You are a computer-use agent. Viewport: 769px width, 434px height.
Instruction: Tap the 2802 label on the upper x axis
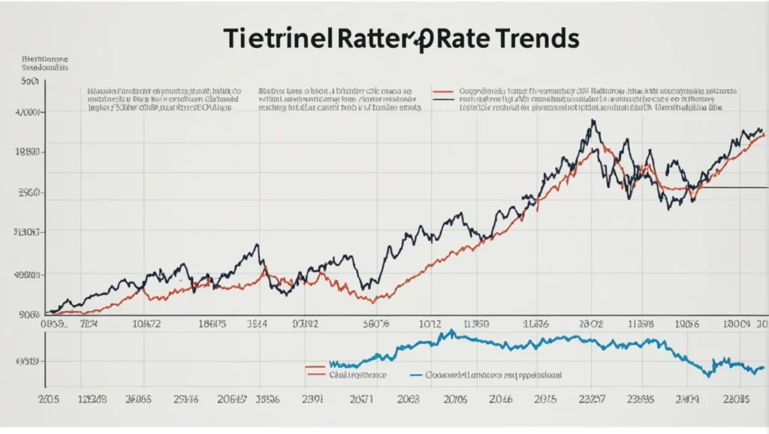pyautogui.click(x=591, y=324)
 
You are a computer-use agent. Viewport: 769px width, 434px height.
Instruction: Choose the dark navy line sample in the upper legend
pyautogui.click(x=445, y=99)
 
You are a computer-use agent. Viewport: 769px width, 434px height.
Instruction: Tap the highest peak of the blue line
pyautogui.click(x=451, y=330)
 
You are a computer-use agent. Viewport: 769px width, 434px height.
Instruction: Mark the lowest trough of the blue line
pyautogui.click(x=706, y=373)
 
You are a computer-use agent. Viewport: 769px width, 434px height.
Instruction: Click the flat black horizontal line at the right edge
pyautogui.click(x=732, y=187)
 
